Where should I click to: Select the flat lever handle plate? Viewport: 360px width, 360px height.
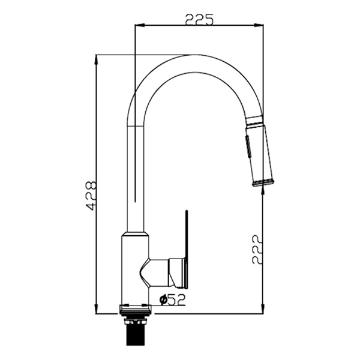coord(187,251)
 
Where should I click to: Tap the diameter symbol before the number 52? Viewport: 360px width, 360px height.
coord(163,300)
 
